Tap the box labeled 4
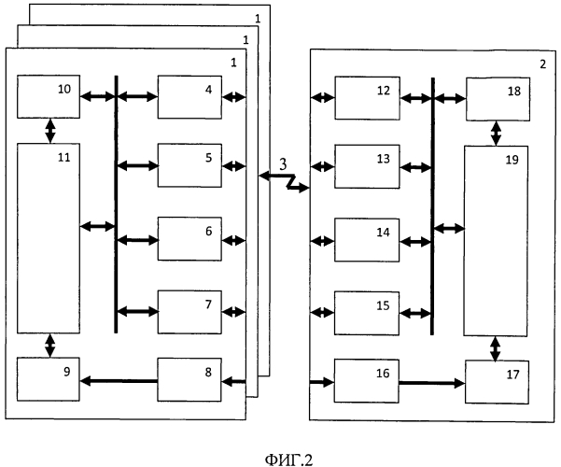[189, 97]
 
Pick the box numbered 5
[189, 166]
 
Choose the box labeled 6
[189, 238]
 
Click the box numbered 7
[189, 312]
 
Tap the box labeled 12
[368, 97]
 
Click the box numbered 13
[368, 166]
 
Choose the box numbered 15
[368, 312]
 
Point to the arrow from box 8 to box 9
[119, 380]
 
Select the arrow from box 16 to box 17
[431, 382]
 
